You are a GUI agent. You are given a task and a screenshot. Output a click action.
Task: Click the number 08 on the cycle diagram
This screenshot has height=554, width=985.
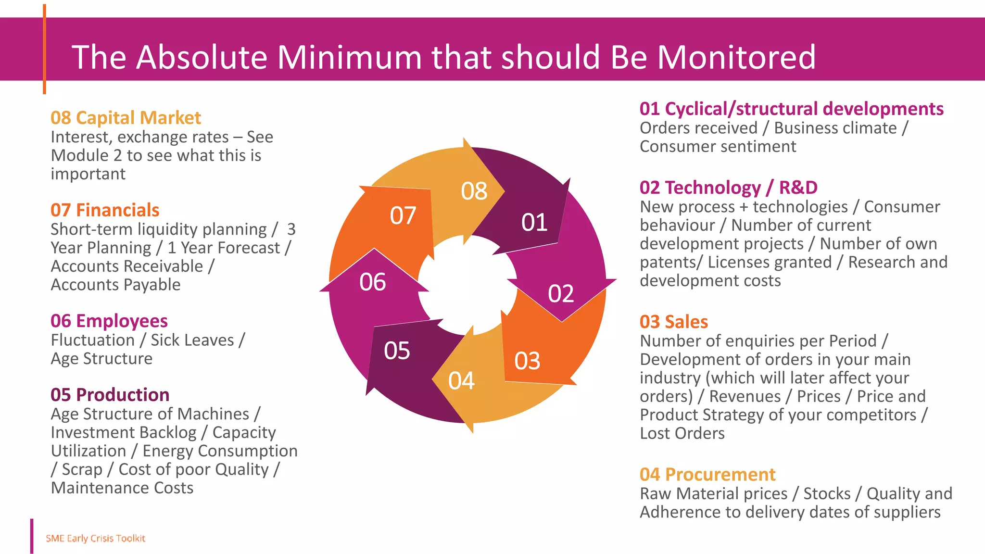[474, 191]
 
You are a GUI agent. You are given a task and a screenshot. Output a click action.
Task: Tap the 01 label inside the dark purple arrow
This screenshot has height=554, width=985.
[534, 223]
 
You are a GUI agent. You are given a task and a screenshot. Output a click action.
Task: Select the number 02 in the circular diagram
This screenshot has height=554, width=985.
[561, 294]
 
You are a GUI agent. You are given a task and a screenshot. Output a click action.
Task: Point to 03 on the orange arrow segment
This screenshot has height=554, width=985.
[527, 361]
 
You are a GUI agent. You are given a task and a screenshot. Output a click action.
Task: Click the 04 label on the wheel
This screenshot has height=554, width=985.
[461, 381]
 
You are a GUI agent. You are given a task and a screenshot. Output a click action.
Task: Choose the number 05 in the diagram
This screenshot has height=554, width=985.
[397, 351]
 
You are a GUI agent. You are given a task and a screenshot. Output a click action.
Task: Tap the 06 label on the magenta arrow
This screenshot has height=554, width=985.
[372, 282]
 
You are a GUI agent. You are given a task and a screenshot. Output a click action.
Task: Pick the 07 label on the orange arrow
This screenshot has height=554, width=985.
[403, 216]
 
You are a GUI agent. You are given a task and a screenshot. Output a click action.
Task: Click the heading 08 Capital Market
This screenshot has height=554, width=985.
[126, 118]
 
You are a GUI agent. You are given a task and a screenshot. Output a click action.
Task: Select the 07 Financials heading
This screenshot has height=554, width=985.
[105, 210]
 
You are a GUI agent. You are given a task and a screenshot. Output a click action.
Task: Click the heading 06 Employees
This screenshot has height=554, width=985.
[109, 321]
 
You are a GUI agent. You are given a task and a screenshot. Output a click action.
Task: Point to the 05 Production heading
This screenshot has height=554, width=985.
[110, 395]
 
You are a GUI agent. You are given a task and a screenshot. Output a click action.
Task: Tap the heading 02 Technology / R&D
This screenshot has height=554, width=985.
[728, 188]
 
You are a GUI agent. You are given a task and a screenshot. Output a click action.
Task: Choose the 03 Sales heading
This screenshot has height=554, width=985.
[673, 322]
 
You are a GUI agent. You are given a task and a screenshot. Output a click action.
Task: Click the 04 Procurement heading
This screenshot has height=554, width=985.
[707, 475]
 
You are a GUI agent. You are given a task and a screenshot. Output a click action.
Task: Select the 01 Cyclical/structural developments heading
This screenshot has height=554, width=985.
[791, 109]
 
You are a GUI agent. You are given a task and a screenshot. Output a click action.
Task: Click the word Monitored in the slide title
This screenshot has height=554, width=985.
[736, 57]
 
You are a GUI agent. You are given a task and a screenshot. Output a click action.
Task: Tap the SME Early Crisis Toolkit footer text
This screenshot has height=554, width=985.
[95, 539]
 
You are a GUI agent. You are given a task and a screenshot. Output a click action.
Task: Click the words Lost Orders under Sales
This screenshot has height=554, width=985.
[682, 434]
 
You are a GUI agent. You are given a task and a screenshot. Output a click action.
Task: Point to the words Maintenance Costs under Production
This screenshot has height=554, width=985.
[122, 488]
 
